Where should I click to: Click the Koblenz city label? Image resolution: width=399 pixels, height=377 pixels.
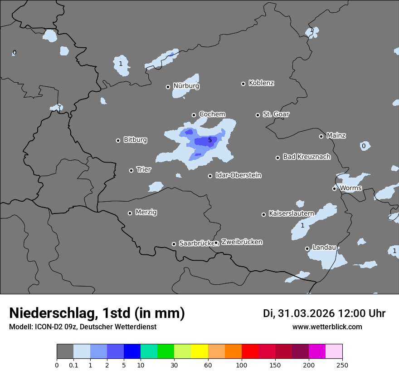[x=261, y=83]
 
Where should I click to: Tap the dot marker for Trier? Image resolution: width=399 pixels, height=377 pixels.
[x=131, y=170]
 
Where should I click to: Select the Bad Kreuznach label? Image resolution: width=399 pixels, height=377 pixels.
[x=307, y=157]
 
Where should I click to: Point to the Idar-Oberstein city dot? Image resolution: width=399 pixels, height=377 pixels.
[x=210, y=176]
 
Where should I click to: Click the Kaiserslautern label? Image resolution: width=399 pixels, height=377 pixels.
[x=291, y=213]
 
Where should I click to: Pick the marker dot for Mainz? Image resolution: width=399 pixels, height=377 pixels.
[x=321, y=136]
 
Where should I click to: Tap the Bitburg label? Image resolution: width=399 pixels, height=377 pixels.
[x=135, y=139]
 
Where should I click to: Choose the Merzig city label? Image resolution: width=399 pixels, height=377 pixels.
[x=146, y=212]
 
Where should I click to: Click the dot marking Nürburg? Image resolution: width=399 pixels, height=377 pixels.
[x=168, y=87]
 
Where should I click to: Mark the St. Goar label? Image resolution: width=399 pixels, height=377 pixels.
[x=276, y=114]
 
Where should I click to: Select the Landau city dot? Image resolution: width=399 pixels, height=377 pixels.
[x=307, y=248]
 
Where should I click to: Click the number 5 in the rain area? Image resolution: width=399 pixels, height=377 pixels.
[x=210, y=140]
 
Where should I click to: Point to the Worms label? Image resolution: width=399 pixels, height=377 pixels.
[x=350, y=188]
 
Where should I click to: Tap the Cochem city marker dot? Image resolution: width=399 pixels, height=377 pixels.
[x=194, y=115]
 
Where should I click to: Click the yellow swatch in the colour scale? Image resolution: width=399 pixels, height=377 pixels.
[x=200, y=352]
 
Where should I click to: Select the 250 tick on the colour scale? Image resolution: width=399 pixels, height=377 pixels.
[x=342, y=365]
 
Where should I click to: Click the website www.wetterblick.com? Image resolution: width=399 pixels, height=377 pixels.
[x=327, y=327]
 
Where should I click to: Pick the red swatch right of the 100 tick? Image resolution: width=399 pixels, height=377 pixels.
[x=250, y=352]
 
